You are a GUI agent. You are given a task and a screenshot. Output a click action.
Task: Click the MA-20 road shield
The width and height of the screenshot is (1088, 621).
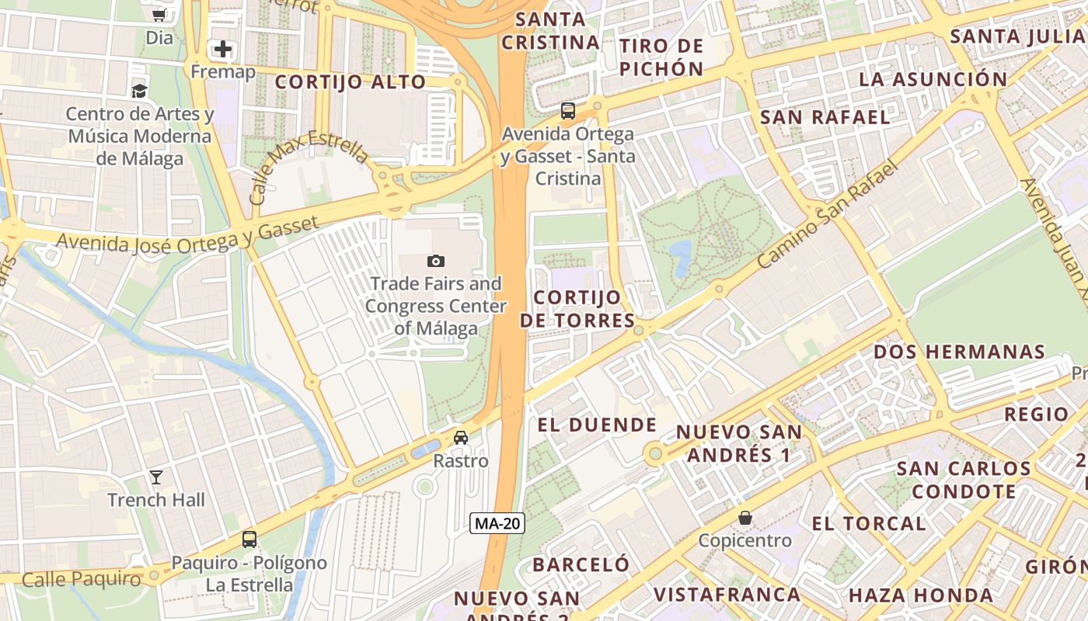497,523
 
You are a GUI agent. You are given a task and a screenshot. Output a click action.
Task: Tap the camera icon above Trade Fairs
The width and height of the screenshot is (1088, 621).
436,261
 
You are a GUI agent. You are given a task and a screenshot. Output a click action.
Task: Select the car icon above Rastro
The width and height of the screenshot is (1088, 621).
461,438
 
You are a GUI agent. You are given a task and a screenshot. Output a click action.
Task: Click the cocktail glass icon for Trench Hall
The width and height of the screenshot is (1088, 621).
156,477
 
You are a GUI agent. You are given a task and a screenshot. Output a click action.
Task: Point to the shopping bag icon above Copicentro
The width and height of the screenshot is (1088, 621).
745,517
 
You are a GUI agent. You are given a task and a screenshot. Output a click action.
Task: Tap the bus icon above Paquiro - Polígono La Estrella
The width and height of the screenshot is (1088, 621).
249,539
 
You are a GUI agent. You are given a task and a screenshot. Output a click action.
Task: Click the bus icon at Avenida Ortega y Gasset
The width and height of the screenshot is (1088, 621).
568,110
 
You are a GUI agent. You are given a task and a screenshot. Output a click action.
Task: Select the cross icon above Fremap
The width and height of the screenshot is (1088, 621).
223,50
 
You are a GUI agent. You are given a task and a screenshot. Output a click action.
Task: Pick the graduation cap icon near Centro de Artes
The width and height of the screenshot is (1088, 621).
139,91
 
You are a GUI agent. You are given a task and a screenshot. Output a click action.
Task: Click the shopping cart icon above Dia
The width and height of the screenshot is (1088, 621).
159,14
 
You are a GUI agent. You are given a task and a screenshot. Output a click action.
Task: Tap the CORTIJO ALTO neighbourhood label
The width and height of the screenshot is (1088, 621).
350,82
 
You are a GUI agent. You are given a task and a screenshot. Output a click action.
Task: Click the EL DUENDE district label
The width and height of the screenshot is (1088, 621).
598,425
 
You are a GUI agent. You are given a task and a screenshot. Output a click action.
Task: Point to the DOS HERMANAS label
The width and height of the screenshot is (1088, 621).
960,352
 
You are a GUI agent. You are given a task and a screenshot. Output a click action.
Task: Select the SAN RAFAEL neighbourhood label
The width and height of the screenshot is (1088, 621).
825,117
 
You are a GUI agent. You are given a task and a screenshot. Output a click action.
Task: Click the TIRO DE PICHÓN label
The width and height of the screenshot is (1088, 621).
662,57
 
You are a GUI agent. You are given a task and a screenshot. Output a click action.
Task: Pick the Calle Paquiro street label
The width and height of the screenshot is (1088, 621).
82,579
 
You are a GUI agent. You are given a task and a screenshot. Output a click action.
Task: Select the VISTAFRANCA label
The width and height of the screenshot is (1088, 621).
727,595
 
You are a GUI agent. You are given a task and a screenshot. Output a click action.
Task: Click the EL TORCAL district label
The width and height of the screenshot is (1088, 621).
869,523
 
